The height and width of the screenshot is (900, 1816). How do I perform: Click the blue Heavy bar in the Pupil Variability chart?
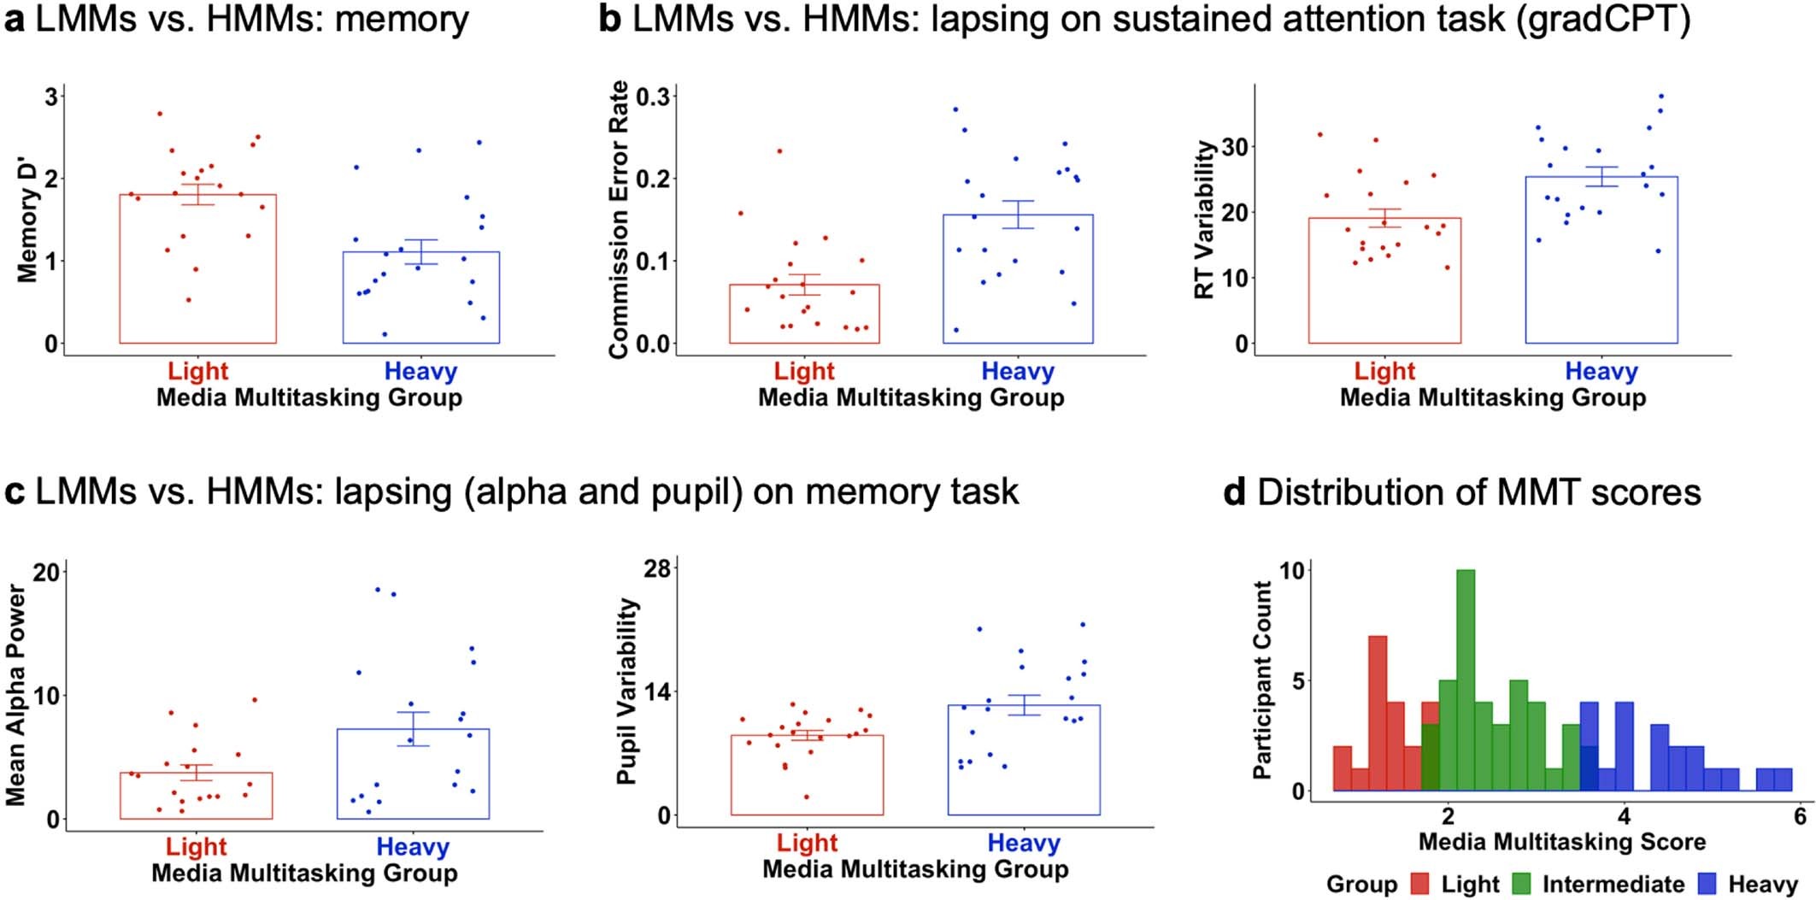pyautogui.click(x=1023, y=760)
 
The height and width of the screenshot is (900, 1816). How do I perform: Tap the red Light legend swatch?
pyautogui.click(x=1420, y=883)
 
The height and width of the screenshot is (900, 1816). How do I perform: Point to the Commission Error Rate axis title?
pyautogui.click(x=619, y=220)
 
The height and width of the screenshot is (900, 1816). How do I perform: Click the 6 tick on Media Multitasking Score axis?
pyautogui.click(x=1800, y=815)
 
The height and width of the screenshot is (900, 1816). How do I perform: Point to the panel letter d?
pyautogui.click(x=1235, y=493)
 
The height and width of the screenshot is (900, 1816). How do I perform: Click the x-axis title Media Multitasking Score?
pyautogui.click(x=1561, y=842)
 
